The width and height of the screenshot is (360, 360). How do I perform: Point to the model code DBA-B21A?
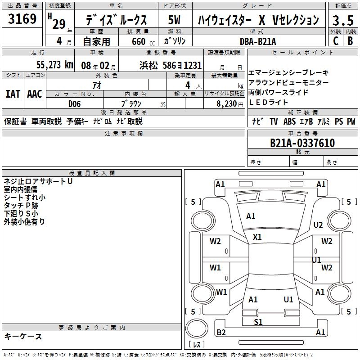coord(258,41)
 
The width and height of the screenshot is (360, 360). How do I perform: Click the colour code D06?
coord(75,103)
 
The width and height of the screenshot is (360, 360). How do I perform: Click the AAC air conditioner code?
coord(35,94)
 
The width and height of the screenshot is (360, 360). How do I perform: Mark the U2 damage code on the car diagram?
coord(318,225)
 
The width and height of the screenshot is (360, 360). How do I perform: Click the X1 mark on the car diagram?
coord(257,237)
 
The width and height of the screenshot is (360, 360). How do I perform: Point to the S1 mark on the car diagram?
coord(258,322)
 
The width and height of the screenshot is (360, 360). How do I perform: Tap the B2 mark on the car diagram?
coord(221,333)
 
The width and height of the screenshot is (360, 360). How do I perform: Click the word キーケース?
coord(23,336)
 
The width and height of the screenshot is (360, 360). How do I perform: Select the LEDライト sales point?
coord(268,102)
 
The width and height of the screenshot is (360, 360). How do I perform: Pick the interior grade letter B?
coord(350,40)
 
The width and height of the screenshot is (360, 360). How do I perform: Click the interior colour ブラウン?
coord(131,103)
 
